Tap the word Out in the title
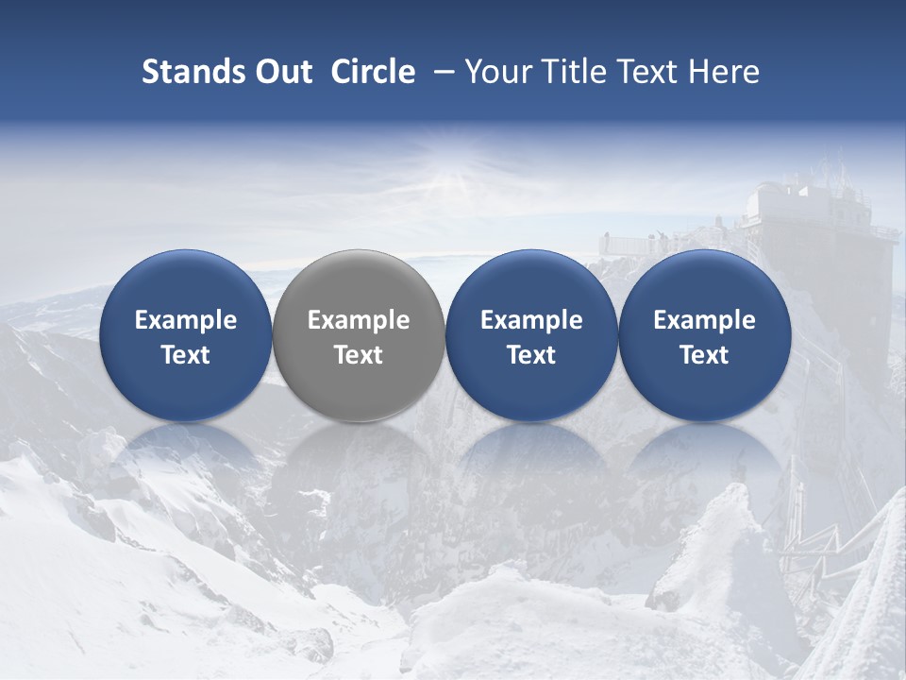pos(279,73)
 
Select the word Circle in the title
pos(373,73)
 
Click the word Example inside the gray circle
pos(359,320)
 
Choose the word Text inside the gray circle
pos(359,355)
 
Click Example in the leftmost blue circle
pos(186,320)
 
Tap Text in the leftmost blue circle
pos(186,355)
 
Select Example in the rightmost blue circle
pos(704,320)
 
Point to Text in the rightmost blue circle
pos(704,355)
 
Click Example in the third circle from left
pos(531,320)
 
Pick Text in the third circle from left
pos(531,355)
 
